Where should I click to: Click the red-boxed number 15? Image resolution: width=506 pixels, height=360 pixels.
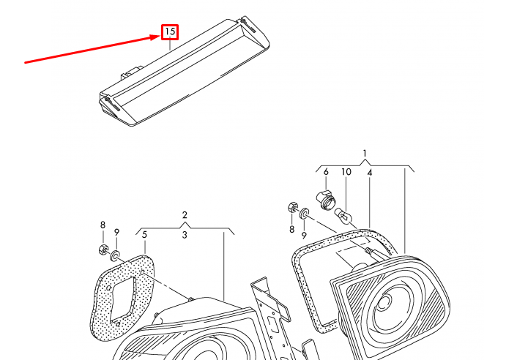click(x=170, y=32)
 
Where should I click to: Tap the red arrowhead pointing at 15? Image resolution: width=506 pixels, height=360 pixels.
click(x=157, y=37)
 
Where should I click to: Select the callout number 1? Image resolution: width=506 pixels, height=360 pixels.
click(x=365, y=153)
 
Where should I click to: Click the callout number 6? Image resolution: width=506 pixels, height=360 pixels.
click(x=326, y=172)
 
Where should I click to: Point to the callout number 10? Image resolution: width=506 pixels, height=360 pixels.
click(x=346, y=172)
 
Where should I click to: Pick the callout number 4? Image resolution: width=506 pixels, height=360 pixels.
click(x=370, y=173)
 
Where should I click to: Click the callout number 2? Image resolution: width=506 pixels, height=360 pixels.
click(x=185, y=215)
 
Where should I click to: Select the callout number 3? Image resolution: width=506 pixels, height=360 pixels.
click(x=185, y=235)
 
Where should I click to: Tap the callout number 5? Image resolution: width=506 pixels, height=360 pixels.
click(x=144, y=235)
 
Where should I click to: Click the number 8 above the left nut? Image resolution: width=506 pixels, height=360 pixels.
click(x=103, y=225)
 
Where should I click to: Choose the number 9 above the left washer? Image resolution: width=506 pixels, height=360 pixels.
click(x=117, y=232)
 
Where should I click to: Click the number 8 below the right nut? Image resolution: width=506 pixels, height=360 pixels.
click(x=291, y=229)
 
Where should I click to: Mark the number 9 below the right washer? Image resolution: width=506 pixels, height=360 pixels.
click(x=304, y=236)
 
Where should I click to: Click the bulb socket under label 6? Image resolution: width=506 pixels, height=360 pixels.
click(x=326, y=200)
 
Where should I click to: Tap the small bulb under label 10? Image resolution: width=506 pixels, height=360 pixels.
click(x=343, y=216)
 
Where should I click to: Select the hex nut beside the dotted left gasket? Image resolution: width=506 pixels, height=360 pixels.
click(x=103, y=250)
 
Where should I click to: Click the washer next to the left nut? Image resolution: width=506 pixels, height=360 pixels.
click(x=115, y=255)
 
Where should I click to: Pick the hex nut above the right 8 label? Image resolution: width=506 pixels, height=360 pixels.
click(x=292, y=207)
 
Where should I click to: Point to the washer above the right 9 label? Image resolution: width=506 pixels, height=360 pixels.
click(x=304, y=214)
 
